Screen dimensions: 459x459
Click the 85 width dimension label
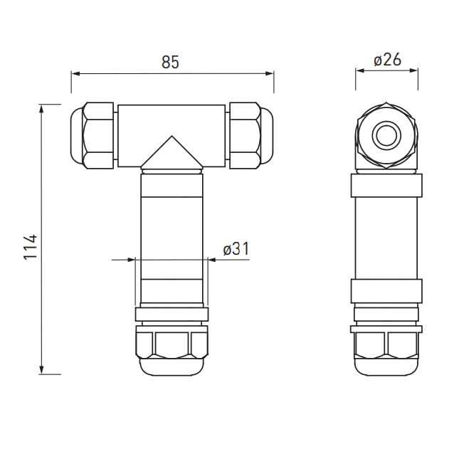pos(170,62)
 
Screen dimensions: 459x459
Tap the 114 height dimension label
pos(30,246)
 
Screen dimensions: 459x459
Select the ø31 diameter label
pos(236,249)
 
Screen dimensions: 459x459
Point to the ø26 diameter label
pos(388,60)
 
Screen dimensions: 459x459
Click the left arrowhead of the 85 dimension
pos(75,73)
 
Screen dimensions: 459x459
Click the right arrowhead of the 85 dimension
pos(270,73)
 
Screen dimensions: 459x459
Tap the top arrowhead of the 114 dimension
pos(41,109)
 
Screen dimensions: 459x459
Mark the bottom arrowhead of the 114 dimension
pos(41,370)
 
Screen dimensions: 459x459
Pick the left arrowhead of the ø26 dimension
pos(360,70)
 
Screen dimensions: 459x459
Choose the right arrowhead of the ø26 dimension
pos(413,70)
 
